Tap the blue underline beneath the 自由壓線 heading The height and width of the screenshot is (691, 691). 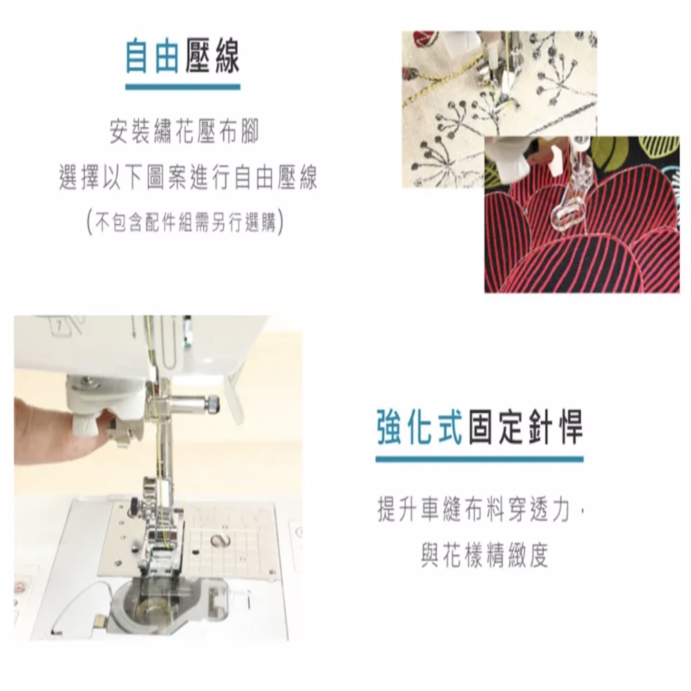pos(183,87)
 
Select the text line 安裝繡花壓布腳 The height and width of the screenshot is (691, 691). pos(184,132)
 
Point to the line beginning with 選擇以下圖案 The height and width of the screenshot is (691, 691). pos(188,178)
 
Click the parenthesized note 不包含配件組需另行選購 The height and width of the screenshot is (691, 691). pos(185,222)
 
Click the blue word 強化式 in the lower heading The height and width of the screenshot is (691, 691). pos(419,426)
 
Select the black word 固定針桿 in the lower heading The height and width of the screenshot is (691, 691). pos(525,426)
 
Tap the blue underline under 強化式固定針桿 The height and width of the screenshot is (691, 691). pos(480,459)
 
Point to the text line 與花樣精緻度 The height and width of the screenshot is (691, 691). pos(484,555)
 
